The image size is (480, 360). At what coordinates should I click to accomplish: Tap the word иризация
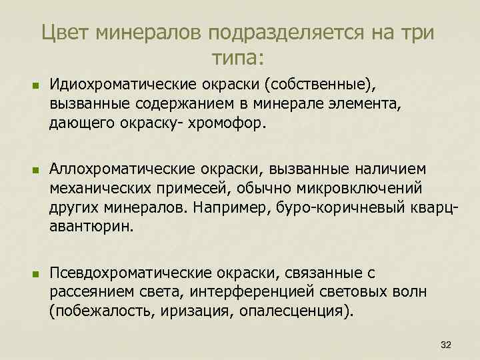tap(191, 311)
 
